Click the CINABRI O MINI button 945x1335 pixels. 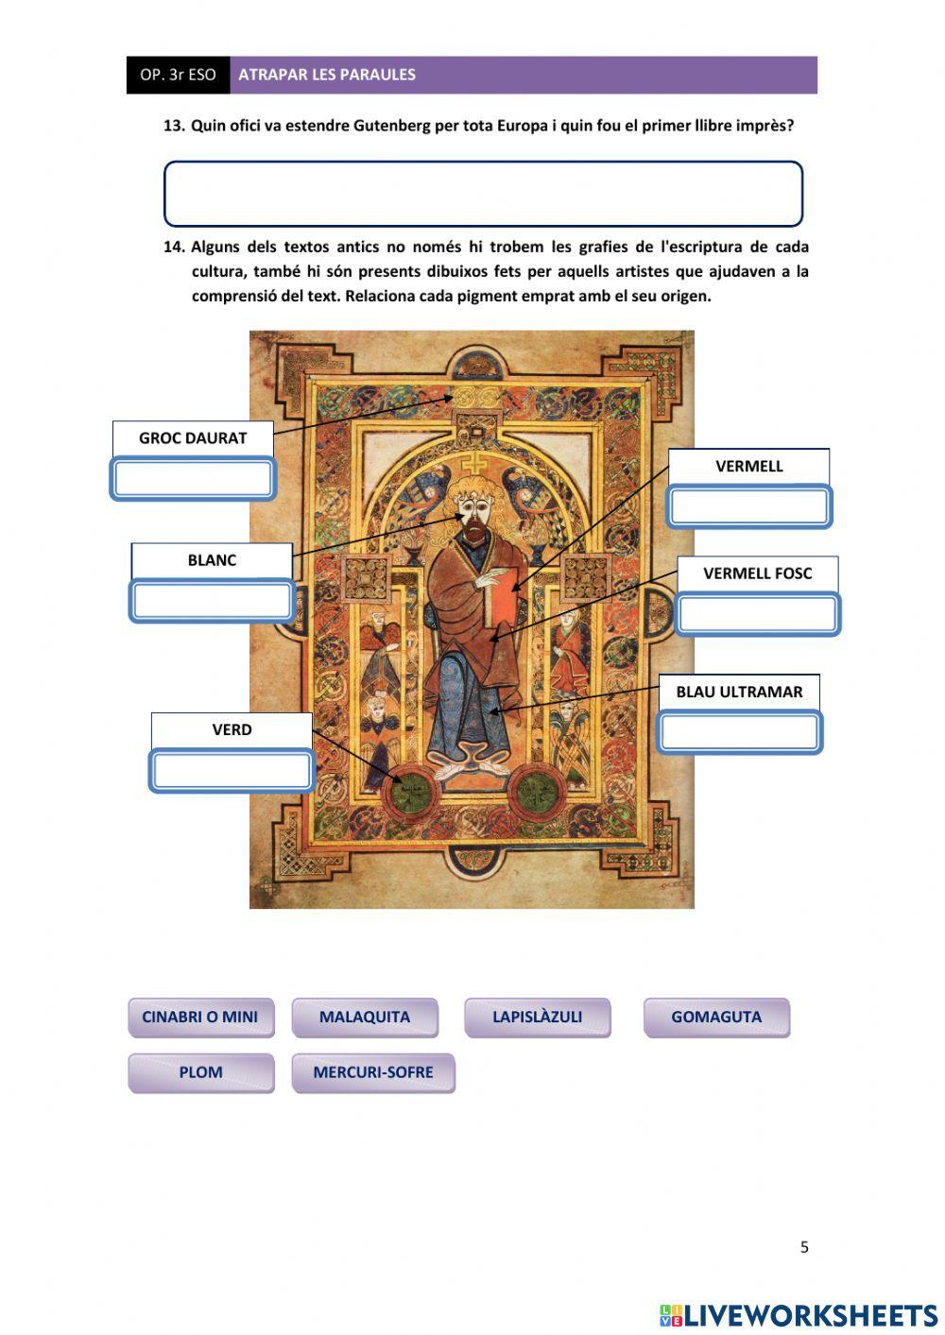[200, 1018]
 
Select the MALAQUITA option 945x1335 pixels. [365, 1018]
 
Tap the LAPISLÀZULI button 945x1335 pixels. [537, 1018]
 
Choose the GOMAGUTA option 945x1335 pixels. [716, 1018]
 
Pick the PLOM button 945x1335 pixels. [200, 1072]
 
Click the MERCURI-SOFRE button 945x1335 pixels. [373, 1072]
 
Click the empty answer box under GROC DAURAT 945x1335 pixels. [193, 479]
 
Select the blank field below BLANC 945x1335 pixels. [212, 601]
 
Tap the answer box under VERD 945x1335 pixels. [232, 771]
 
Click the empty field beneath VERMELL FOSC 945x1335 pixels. [758, 614]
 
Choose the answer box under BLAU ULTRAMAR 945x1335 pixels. [739, 732]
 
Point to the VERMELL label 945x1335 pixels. [748, 466]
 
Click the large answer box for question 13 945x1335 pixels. [483, 194]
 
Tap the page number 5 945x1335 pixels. [804, 1247]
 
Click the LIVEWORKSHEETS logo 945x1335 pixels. [799, 1314]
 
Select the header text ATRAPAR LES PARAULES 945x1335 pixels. [327, 75]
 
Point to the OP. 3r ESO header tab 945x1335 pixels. [178, 75]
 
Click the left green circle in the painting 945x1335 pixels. [409, 791]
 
